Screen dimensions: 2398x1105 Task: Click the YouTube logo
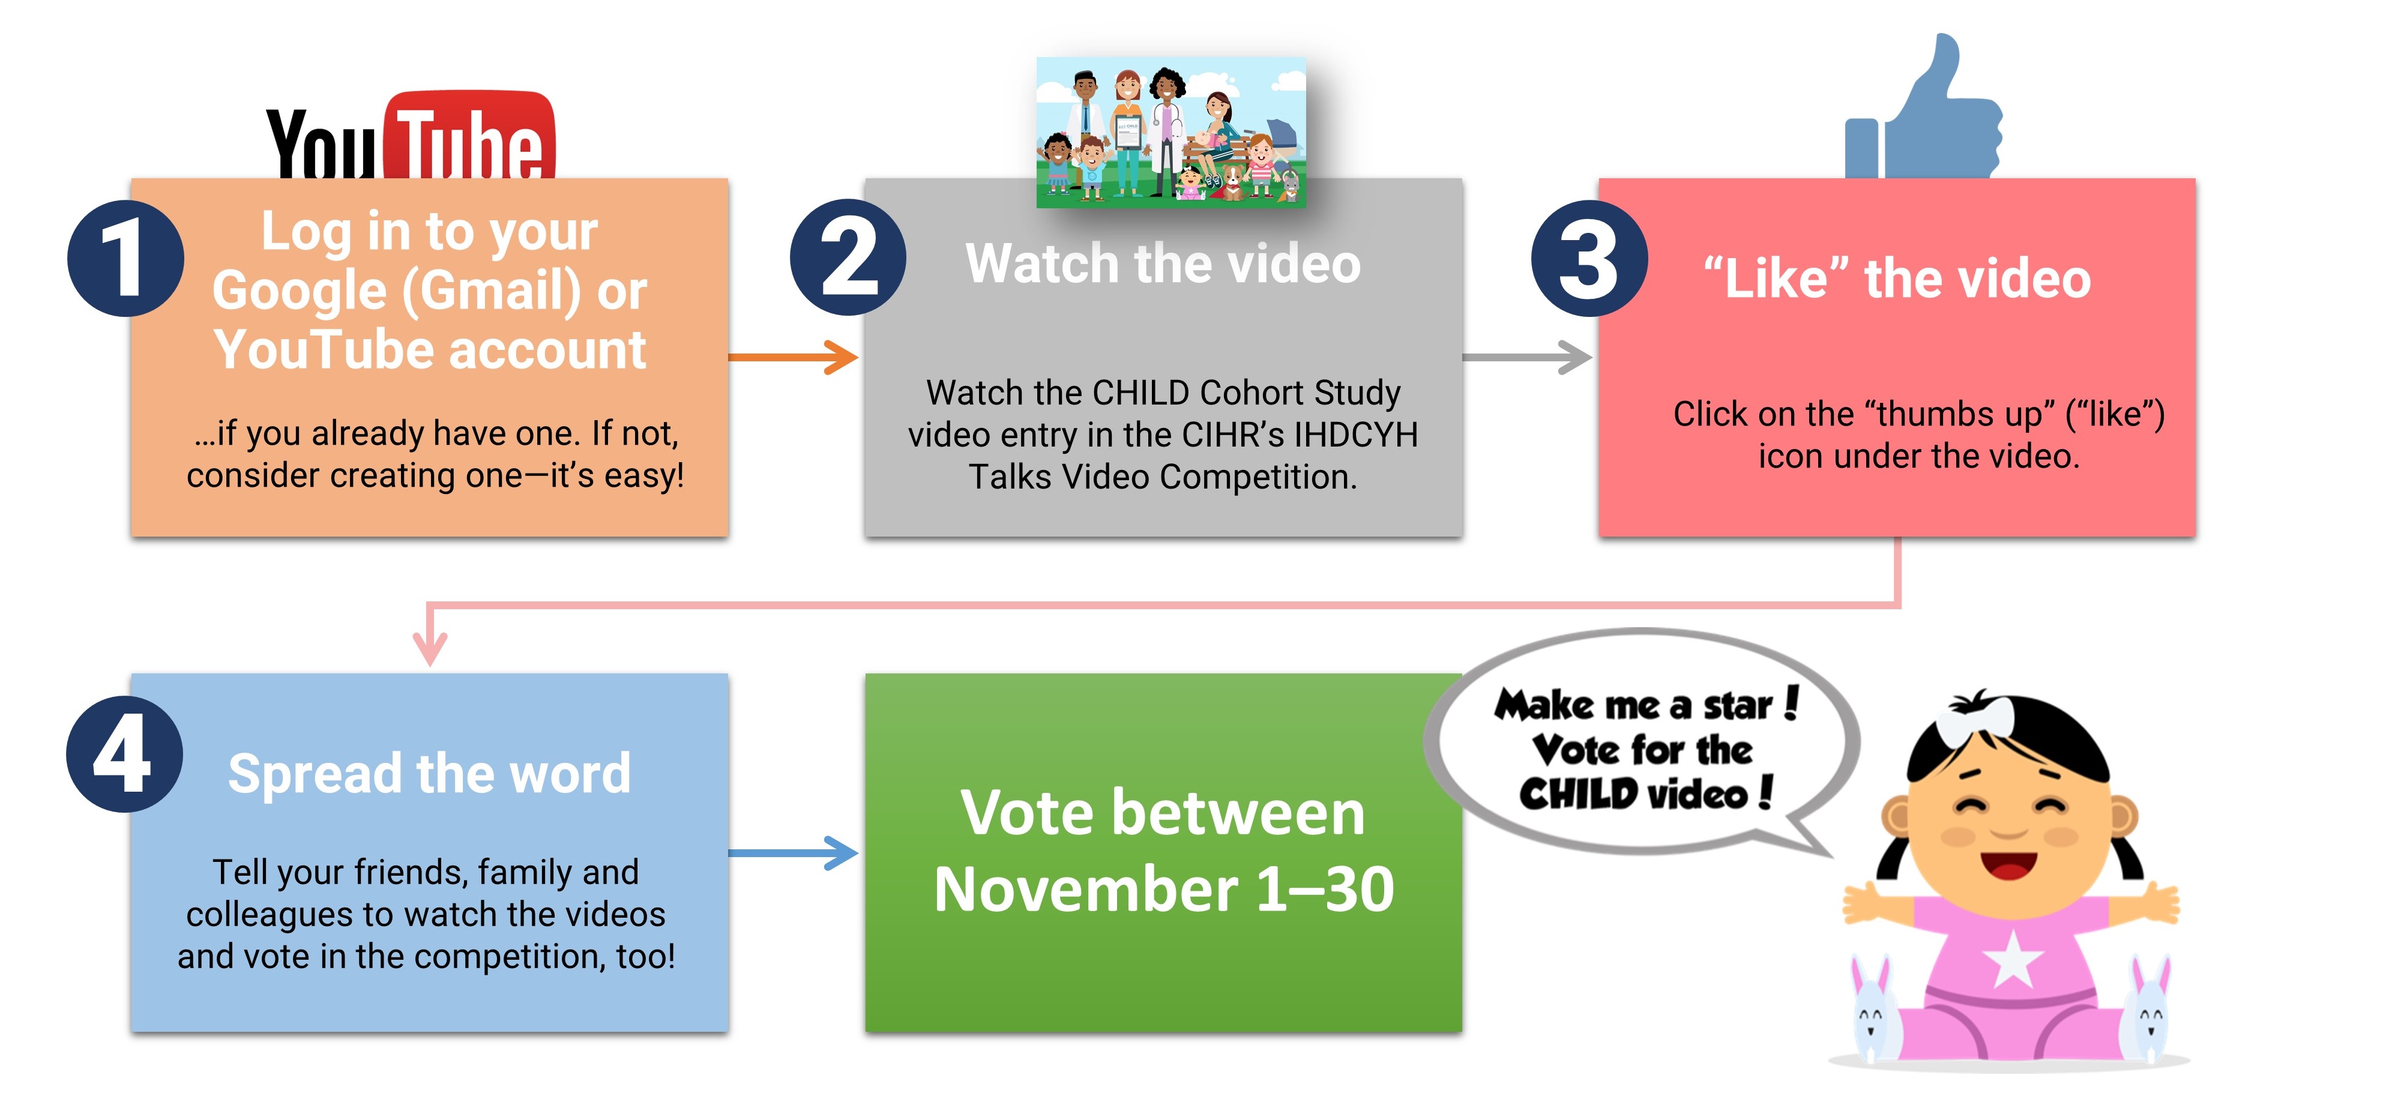tap(411, 135)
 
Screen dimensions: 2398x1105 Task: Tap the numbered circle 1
tap(125, 258)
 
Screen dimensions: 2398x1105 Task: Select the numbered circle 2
tap(848, 258)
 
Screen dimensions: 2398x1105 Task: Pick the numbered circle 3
tap(1589, 258)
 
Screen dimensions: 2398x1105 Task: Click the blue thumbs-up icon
tap(1923, 107)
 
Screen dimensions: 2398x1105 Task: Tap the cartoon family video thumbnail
tap(1171, 131)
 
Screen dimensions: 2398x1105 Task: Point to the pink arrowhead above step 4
tap(429, 646)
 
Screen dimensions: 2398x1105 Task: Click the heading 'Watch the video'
tap(1163, 263)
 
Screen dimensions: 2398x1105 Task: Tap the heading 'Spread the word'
tap(429, 774)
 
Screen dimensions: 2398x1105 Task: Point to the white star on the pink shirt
tap(2013, 959)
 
